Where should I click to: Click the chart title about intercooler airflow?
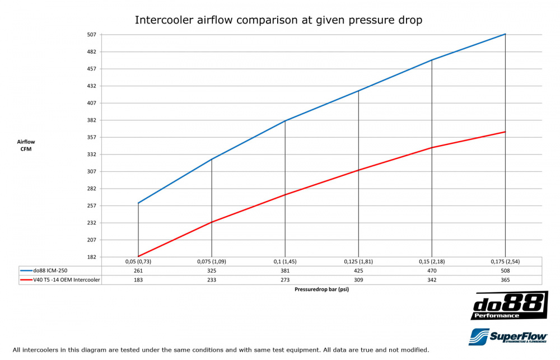(x=278, y=21)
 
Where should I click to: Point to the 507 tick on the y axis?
(x=91, y=35)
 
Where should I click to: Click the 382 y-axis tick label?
(x=91, y=120)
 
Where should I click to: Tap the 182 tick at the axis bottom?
(x=91, y=257)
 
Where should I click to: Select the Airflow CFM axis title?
(x=26, y=146)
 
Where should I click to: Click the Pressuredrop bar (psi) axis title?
(x=321, y=290)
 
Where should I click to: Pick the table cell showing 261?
(x=138, y=270)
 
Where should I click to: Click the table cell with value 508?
(x=505, y=270)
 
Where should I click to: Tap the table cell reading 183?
(x=138, y=280)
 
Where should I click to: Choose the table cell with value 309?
(x=358, y=280)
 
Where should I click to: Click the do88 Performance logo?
(x=509, y=306)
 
